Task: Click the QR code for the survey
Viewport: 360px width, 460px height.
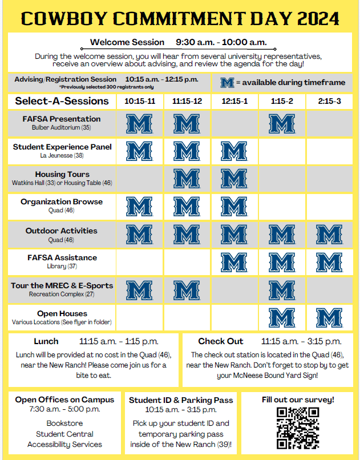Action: coord(297,427)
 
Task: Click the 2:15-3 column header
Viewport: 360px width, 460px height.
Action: coord(329,101)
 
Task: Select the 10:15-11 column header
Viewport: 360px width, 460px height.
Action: coord(139,101)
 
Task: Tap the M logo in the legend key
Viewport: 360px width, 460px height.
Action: coord(228,83)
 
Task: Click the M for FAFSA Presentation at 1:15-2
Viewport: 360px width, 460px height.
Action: coord(281,124)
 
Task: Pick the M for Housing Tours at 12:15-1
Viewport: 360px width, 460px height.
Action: coord(234,179)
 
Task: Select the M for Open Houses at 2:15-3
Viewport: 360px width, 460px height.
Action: coord(329,318)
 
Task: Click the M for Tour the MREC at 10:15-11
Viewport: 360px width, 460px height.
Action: coord(139,290)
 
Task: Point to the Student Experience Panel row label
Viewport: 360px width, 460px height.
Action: coord(62,147)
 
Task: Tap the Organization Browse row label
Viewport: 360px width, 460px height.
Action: coord(62,201)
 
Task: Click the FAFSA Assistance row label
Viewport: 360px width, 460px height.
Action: coord(62,257)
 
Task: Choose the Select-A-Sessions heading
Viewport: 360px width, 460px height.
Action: coord(62,101)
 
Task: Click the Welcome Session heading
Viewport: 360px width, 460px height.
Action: coord(127,42)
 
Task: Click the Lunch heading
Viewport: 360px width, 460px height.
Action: coord(46,341)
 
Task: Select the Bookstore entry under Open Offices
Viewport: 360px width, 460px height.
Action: coord(64,423)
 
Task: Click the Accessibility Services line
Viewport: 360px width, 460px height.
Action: coord(64,444)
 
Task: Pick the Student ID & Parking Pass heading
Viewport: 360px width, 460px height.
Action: coord(181,400)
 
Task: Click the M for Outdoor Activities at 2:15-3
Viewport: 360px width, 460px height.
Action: coord(329,235)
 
